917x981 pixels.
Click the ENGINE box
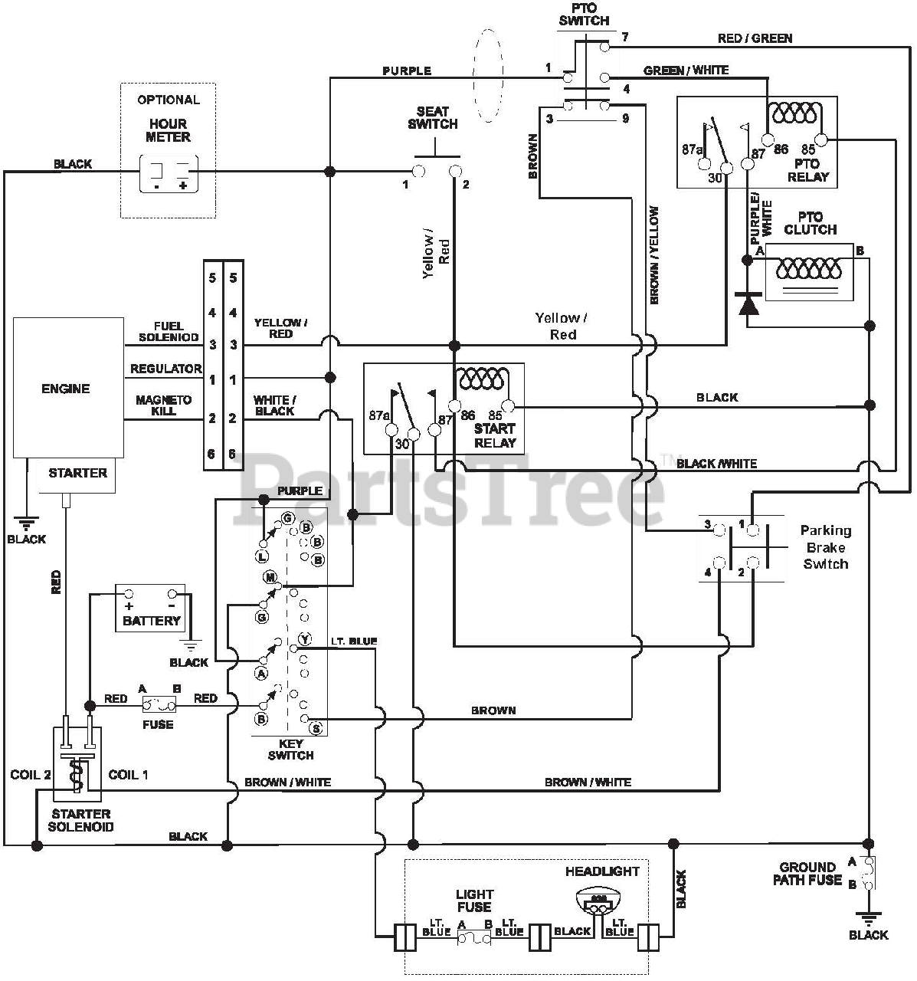click(68, 388)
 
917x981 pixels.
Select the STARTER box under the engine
click(77, 474)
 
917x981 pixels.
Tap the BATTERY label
click(151, 621)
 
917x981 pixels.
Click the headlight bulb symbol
click(598, 901)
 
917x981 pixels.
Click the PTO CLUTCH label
click(811, 223)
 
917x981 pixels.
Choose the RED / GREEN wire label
click(755, 38)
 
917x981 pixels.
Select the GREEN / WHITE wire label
click(686, 71)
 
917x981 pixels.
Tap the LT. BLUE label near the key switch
click(354, 641)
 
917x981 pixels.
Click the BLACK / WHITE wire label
click(716, 464)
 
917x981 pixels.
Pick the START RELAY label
click(495, 435)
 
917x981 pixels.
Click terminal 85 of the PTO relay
click(820, 140)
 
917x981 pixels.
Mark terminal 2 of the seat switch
click(455, 172)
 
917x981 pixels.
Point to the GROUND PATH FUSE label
click(807, 873)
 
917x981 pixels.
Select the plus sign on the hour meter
click(182, 185)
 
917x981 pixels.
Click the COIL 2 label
click(31, 775)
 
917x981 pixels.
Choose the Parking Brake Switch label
click(826, 547)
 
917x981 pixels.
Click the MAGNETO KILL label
click(163, 405)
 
